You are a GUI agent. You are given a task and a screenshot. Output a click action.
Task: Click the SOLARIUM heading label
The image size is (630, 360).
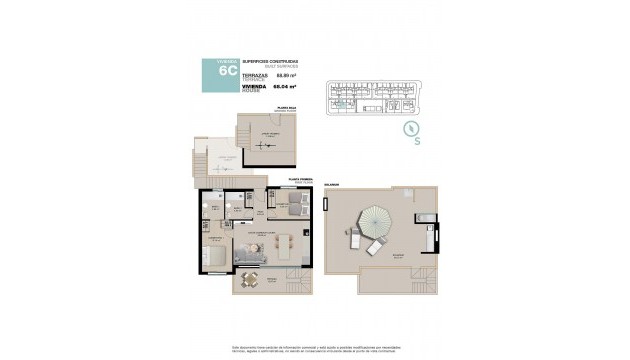click(332, 184)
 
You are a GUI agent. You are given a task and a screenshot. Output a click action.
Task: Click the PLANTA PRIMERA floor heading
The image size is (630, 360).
click(301, 177)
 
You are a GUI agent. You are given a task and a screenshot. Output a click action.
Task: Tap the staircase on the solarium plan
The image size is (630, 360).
click(427, 279)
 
